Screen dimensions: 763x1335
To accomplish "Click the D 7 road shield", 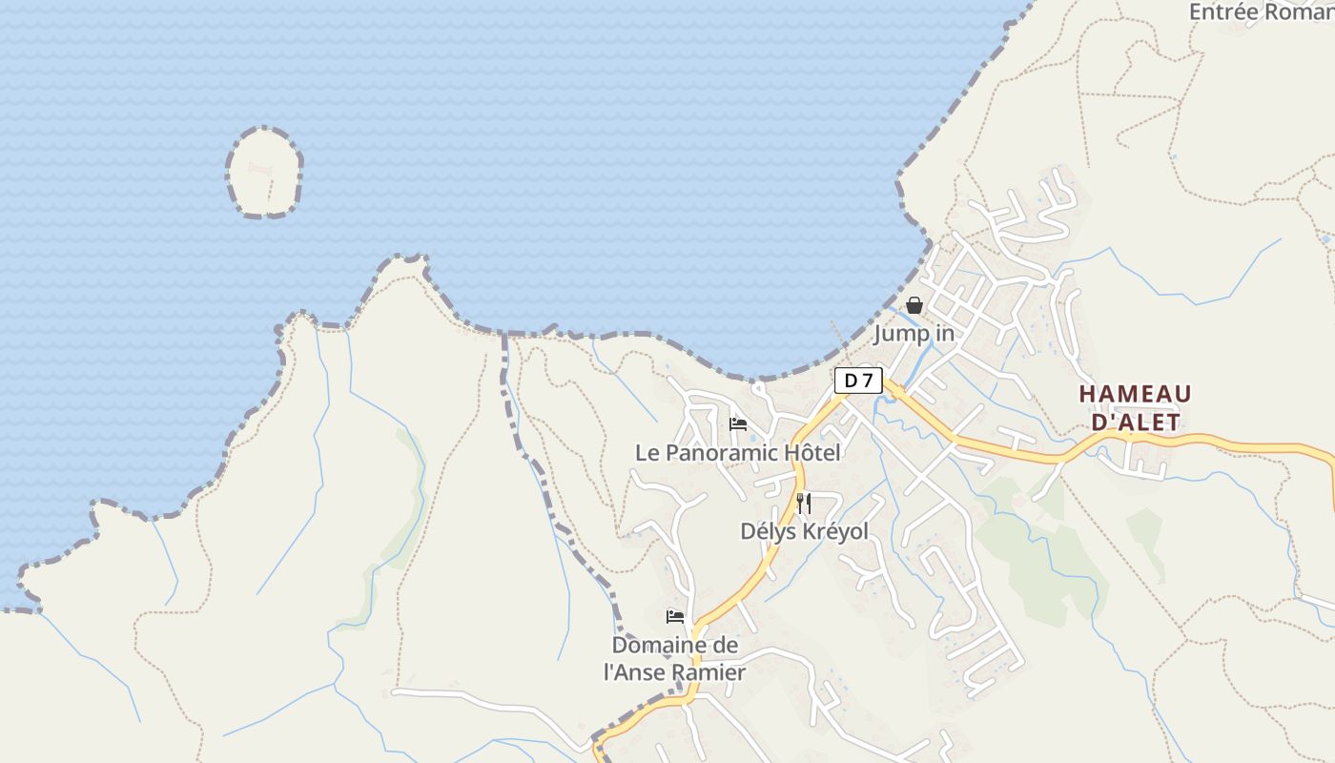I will [x=858, y=381].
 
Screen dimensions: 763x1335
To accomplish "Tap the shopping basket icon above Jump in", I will [x=914, y=305].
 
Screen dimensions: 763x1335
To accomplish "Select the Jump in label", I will [x=914, y=334].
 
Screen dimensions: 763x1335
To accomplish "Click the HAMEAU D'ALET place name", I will [x=1135, y=407].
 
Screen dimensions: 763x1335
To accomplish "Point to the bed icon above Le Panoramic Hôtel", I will [x=737, y=424].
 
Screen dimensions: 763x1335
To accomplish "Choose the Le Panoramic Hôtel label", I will [x=738, y=453].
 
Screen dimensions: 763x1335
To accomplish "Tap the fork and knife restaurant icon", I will [x=804, y=503].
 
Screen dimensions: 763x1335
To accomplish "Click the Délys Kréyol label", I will [x=804, y=531].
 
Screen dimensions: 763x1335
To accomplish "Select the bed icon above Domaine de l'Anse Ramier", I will [x=675, y=617].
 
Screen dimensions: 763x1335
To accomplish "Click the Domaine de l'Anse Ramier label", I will [x=674, y=658].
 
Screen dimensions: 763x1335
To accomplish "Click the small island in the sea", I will [x=264, y=173].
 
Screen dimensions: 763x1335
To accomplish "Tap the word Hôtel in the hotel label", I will [x=809, y=453].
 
